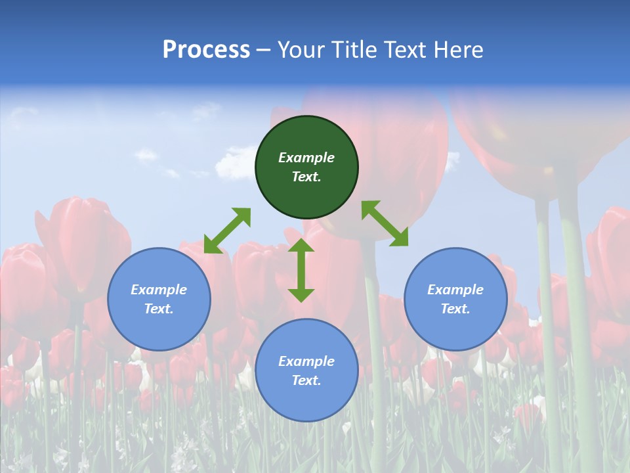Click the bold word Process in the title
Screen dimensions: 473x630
206,50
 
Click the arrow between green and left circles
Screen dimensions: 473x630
227,231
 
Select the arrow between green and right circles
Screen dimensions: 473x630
385,223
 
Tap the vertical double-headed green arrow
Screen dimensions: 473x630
301,270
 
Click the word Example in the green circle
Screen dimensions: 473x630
306,158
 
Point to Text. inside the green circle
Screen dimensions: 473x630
306,177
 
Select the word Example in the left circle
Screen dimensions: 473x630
159,290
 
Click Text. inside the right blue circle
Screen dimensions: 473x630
455,309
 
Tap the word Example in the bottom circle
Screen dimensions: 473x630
306,361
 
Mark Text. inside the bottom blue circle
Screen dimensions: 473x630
306,380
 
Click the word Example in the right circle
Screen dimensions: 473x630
455,290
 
